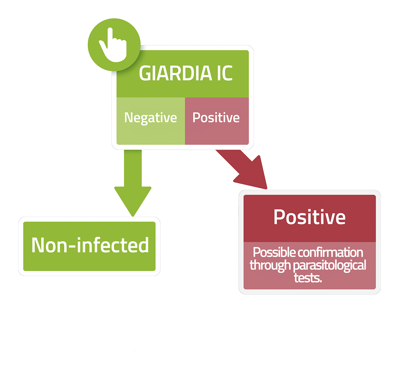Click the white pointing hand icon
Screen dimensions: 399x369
(113, 45)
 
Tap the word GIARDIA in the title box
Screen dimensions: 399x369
(176, 73)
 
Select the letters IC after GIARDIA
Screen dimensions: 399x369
(225, 73)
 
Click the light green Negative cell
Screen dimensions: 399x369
(151, 121)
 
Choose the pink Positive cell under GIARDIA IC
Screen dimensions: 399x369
(217, 121)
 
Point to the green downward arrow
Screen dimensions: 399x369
(133, 183)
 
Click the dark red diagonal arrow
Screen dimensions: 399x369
(242, 169)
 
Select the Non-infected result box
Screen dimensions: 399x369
(89, 246)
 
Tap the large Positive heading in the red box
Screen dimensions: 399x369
(309, 217)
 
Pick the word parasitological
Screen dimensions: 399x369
(329, 266)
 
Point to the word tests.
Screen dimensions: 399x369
(308, 278)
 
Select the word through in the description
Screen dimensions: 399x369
(270, 266)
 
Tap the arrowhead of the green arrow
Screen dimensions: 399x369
(133, 201)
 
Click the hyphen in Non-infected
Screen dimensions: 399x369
(72, 246)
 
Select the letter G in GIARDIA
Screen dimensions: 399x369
(144, 73)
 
